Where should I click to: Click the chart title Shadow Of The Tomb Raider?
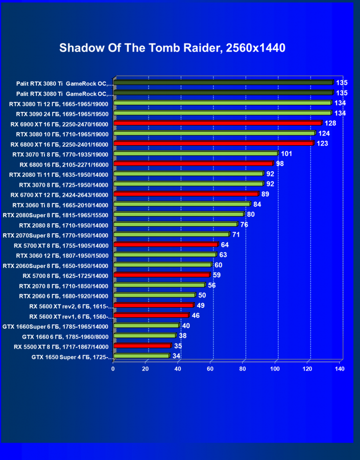click(x=172, y=48)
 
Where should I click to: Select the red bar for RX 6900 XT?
click(x=218, y=123)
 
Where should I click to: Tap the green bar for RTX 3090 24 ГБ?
click(x=223, y=113)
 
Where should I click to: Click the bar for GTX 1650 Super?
click(x=141, y=356)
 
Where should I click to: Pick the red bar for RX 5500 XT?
click(x=142, y=346)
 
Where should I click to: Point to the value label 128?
click(x=330, y=123)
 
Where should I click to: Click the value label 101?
click(x=286, y=153)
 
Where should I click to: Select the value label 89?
click(x=265, y=194)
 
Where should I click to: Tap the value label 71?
click(x=236, y=235)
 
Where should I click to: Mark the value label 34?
click(x=176, y=356)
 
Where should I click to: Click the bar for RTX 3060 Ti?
click(x=182, y=204)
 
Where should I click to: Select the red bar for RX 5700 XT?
click(x=165, y=245)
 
